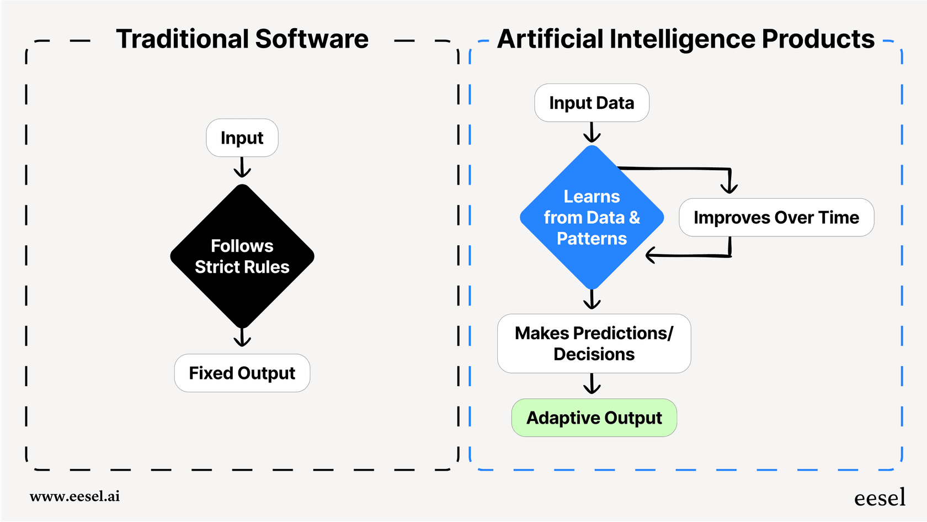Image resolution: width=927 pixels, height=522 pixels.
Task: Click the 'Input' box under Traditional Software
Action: coord(242,138)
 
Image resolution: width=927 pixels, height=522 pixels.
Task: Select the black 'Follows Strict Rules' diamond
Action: coord(242,256)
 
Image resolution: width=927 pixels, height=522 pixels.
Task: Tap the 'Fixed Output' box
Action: coord(242,373)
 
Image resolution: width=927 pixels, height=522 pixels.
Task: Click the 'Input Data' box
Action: coord(592,103)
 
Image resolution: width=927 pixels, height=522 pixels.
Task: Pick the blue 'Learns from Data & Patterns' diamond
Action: coord(592,218)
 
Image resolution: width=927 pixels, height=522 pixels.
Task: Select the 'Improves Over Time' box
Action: coord(776,218)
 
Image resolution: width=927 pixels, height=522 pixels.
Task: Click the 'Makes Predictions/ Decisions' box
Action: coord(594,344)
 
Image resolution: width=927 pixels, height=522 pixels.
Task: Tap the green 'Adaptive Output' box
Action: coord(594,418)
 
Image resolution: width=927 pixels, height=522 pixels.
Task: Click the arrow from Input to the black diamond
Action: coord(242,168)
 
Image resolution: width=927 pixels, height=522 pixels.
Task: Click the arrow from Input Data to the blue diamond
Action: coord(592,133)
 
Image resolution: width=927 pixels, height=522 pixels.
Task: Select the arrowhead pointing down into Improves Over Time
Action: coord(729,187)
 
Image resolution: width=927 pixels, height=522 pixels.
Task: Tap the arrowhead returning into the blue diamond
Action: coord(651,255)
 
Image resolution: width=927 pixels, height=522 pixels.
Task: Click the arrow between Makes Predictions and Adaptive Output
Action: coord(592,384)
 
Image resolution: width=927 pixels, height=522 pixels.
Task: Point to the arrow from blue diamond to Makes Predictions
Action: coord(592,299)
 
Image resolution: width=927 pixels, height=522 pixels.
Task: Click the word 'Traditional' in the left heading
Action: coord(183,39)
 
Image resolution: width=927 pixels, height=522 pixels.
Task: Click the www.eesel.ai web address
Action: coord(74,496)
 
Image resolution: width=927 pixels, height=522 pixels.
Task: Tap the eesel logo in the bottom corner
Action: coord(880,498)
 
